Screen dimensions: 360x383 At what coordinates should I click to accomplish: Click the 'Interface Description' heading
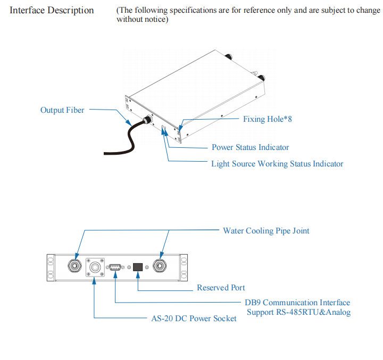tap(52, 10)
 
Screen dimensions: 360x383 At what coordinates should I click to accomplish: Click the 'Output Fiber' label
tap(62, 110)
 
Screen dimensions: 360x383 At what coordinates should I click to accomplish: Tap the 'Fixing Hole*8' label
tap(267, 119)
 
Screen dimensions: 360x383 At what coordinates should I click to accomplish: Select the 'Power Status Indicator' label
tap(250, 147)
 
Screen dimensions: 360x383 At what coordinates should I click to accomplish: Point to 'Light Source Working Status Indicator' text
tap(277, 164)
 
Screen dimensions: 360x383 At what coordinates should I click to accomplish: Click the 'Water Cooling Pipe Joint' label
tap(266, 231)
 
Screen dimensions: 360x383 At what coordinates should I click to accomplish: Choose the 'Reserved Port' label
tap(221, 288)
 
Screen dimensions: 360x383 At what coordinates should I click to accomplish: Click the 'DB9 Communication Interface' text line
tap(297, 303)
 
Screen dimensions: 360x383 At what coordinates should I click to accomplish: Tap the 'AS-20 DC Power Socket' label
tap(194, 319)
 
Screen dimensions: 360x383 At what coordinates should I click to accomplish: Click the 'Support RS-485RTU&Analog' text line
tap(298, 312)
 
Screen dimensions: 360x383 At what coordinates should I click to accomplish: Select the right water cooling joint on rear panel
tap(159, 265)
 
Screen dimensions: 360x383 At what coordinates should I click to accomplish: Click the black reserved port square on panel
tap(138, 267)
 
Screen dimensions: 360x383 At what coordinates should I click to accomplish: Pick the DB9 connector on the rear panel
tap(114, 267)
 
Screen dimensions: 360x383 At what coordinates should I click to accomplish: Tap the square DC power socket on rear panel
tap(96, 267)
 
